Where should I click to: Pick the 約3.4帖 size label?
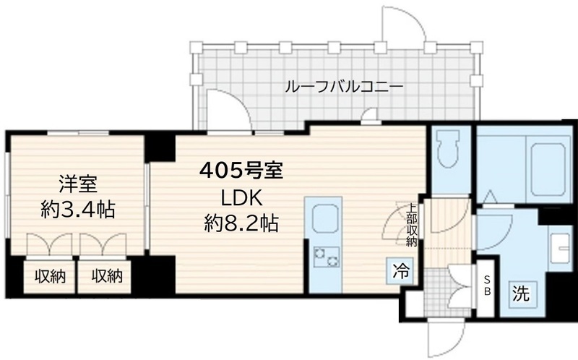pyautogui.click(x=78, y=210)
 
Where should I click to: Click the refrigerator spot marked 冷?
pyautogui.click(x=400, y=272)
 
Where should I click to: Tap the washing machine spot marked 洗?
pyautogui.click(x=521, y=293)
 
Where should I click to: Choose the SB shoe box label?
pyautogui.click(x=486, y=287)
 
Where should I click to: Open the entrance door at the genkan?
pyautogui.click(x=444, y=337)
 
